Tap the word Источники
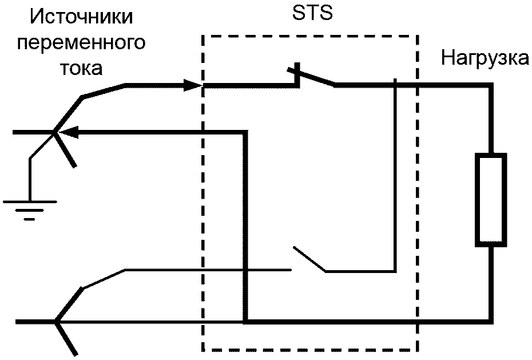(82, 18)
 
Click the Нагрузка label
(485, 58)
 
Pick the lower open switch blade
(309, 259)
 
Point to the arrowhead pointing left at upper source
(67, 132)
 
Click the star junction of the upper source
(54, 133)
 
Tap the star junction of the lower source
(55, 322)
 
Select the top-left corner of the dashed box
(203, 36)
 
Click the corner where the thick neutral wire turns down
(245, 132)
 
